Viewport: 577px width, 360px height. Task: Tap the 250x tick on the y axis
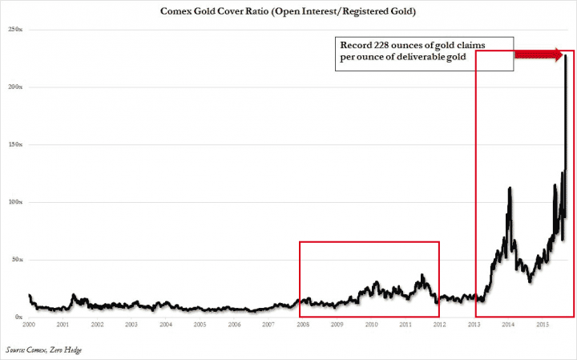click(15, 29)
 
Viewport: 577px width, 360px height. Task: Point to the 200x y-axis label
click(15, 87)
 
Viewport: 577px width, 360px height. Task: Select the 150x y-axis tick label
click(15, 144)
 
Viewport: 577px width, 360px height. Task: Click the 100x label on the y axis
click(15, 202)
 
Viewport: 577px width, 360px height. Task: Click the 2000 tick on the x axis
click(29, 325)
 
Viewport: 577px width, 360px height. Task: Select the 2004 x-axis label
click(166, 325)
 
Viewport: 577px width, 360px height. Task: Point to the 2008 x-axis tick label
click(303, 325)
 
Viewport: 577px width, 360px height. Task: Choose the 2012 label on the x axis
click(439, 325)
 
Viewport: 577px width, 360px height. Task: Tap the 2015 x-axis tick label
click(542, 325)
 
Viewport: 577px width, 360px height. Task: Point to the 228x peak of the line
click(567, 55)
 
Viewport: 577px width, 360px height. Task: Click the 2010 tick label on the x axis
click(371, 325)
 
